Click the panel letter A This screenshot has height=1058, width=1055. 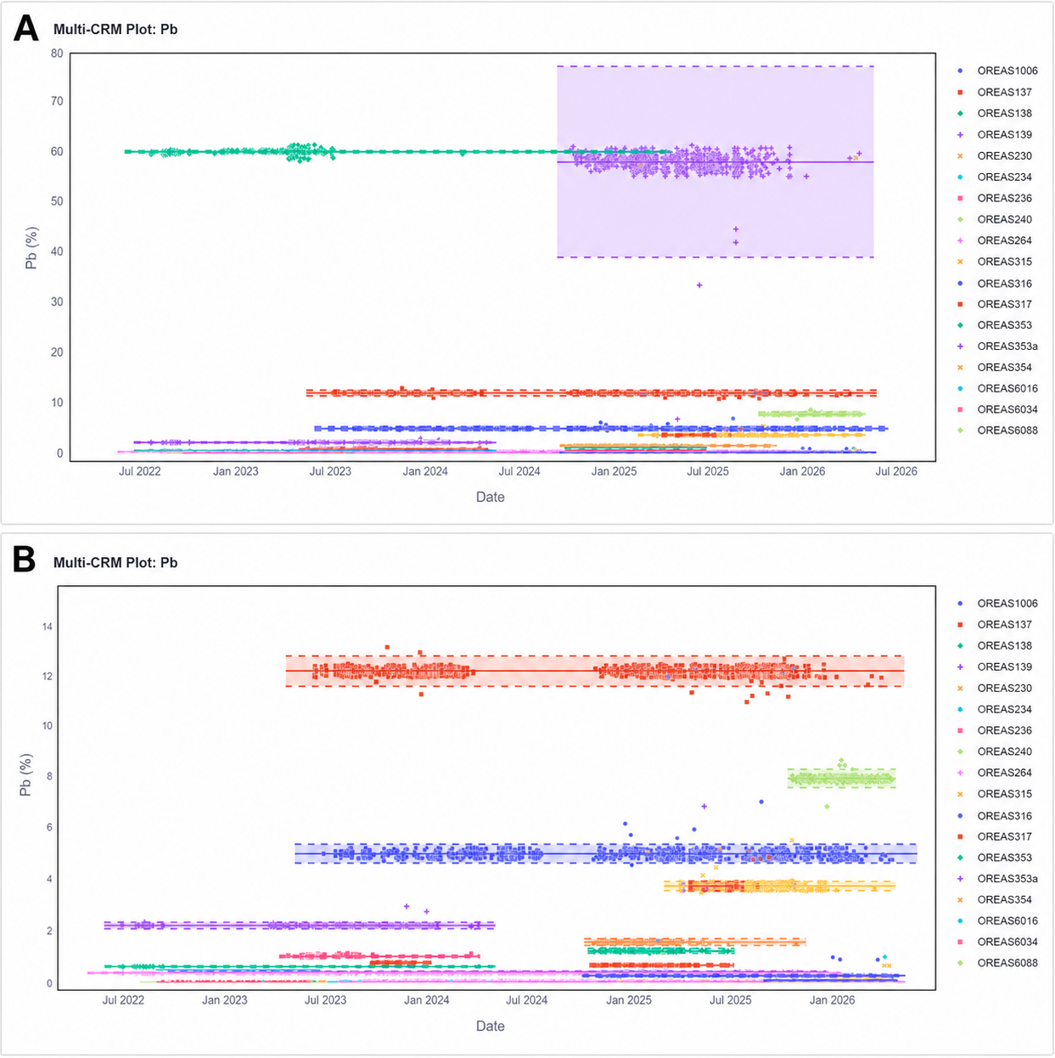tap(25, 28)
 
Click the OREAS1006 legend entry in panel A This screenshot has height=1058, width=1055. tap(997, 70)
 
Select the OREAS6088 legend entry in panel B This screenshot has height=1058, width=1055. tap(997, 962)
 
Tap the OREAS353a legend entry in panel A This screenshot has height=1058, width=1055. tap(997, 346)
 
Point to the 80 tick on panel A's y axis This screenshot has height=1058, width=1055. tap(57, 53)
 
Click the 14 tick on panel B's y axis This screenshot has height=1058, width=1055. tap(48, 627)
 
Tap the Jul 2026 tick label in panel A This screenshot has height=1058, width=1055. tap(895, 471)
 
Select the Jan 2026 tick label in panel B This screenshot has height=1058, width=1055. tap(832, 999)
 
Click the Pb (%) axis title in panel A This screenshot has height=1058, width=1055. tap(31, 248)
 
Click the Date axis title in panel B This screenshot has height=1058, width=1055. tap(491, 1026)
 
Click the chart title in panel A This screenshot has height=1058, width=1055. tap(115, 29)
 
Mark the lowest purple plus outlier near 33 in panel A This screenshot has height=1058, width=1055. tap(699, 285)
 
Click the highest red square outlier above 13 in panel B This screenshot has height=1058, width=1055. tap(387, 647)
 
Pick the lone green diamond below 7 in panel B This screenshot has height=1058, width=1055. tap(828, 807)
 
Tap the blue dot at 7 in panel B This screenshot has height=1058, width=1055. tap(761, 802)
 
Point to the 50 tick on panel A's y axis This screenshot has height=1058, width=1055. tap(57, 201)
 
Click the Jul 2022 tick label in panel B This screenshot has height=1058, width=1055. tap(123, 999)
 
